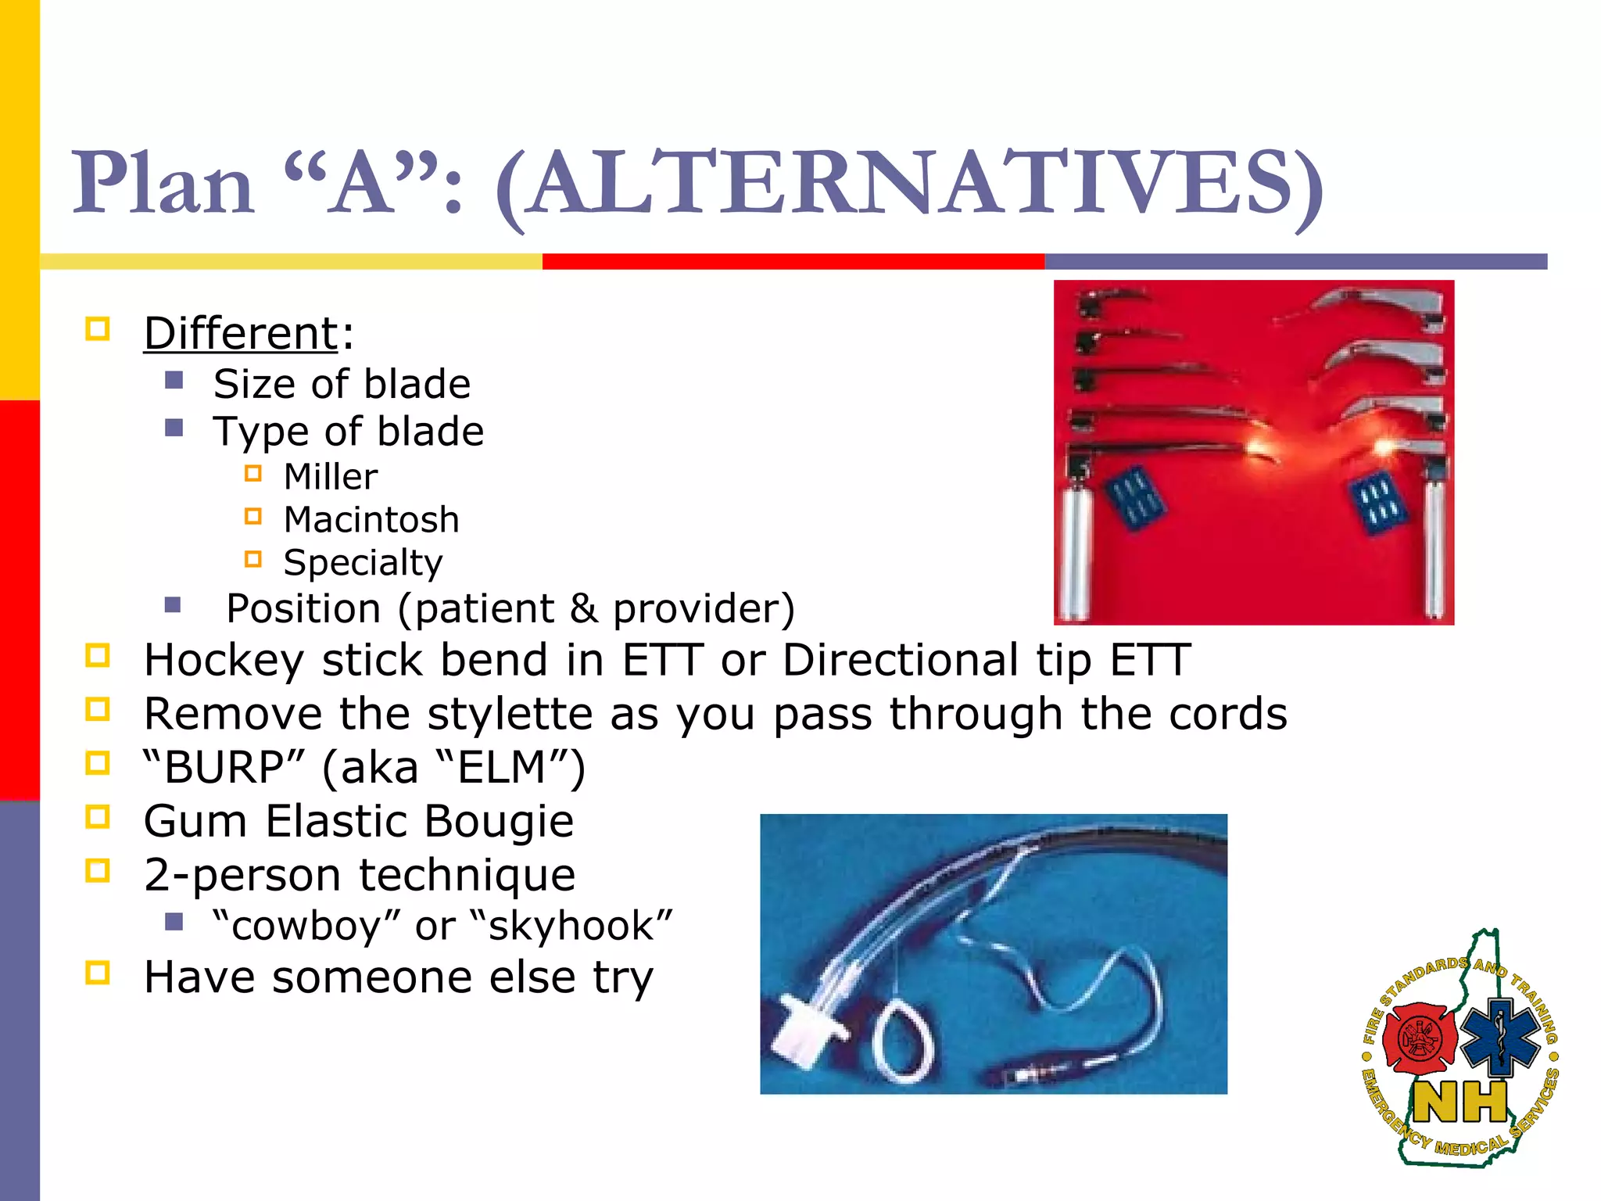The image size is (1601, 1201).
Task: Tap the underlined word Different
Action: click(241, 334)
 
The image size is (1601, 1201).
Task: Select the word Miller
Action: click(330, 477)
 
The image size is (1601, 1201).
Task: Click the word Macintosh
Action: click(371, 520)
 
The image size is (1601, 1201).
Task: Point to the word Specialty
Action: click(363, 563)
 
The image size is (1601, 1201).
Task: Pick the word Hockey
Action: click(224, 661)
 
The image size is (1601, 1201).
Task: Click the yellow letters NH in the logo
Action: click(1460, 1103)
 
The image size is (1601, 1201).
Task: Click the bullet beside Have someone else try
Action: click(98, 974)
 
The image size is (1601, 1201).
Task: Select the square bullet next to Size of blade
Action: click(174, 381)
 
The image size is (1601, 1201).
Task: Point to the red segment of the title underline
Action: click(793, 261)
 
